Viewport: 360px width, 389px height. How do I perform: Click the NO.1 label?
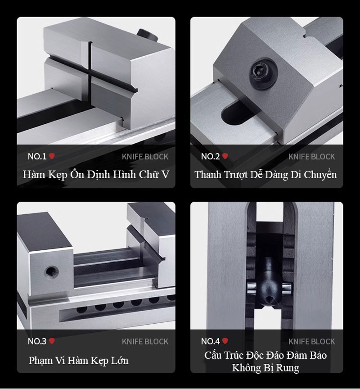pyautogui.click(x=37, y=156)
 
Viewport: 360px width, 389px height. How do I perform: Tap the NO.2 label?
pyautogui.click(x=210, y=156)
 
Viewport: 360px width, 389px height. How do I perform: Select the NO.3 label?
pyautogui.click(x=37, y=341)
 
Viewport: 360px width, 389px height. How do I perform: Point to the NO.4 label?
pyautogui.click(x=210, y=341)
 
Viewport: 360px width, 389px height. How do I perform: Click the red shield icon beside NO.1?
pyautogui.click(x=52, y=156)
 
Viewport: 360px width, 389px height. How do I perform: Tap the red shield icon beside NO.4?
pyautogui.click(x=225, y=341)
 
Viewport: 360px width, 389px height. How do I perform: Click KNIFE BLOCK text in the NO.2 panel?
pyautogui.click(x=311, y=157)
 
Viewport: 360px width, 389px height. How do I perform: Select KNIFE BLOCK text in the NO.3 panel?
pyautogui.click(x=145, y=342)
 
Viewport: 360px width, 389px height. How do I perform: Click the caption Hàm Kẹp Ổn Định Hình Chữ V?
pyautogui.click(x=96, y=175)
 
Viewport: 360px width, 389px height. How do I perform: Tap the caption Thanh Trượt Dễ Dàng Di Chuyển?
pyautogui.click(x=265, y=175)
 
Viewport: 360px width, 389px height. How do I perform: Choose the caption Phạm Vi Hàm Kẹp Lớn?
pyautogui.click(x=78, y=361)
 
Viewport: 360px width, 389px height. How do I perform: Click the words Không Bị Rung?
pyautogui.click(x=265, y=368)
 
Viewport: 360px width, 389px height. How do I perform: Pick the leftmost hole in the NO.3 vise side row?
pyautogui.click(x=82, y=310)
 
